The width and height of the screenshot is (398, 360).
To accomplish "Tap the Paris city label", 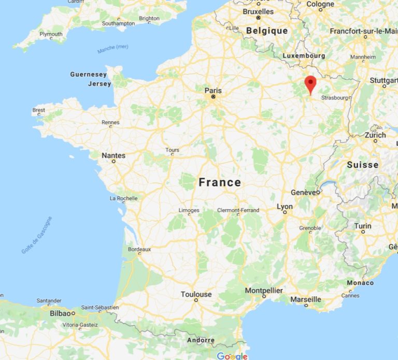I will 213,91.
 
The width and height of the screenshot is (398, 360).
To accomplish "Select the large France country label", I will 220,182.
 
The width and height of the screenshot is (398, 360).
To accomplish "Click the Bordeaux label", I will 139,249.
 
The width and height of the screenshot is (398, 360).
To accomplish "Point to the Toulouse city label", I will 196,294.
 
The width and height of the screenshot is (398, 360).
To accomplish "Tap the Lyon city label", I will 285,206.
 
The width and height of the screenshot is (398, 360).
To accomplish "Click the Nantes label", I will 113,155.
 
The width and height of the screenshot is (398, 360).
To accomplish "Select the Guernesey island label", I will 89,75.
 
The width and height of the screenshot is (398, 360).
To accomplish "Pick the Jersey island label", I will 99,84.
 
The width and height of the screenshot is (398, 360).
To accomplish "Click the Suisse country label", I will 363,165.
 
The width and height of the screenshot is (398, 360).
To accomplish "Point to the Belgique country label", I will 267,31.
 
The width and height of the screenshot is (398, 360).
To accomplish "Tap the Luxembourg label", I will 304,56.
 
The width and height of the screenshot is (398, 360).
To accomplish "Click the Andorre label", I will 200,340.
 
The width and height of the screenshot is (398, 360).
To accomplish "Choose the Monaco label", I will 360,283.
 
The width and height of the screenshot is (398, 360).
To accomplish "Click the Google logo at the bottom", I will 232,356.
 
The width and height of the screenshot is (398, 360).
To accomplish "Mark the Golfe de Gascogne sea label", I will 37,235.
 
